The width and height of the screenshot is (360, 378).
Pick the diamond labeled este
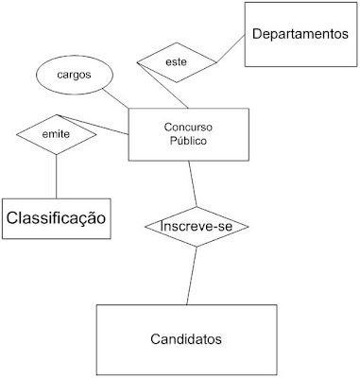tap(176, 62)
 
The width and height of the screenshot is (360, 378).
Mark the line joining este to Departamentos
tap(231, 50)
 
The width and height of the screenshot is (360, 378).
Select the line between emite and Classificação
tap(57, 176)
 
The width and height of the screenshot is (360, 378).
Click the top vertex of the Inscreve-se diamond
tap(195, 206)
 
